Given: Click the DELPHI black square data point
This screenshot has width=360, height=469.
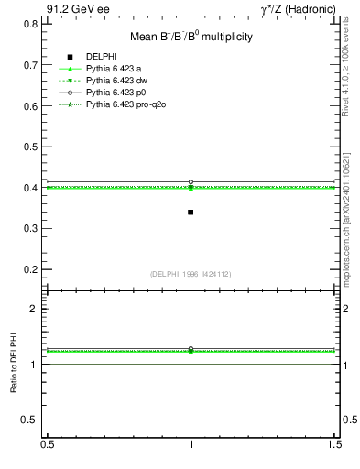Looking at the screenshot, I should point(191,213).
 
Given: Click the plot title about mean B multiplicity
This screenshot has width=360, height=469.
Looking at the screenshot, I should point(191,38).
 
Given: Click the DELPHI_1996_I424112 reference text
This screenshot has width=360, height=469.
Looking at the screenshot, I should point(191,274).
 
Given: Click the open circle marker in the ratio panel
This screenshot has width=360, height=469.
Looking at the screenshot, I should point(191,349).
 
